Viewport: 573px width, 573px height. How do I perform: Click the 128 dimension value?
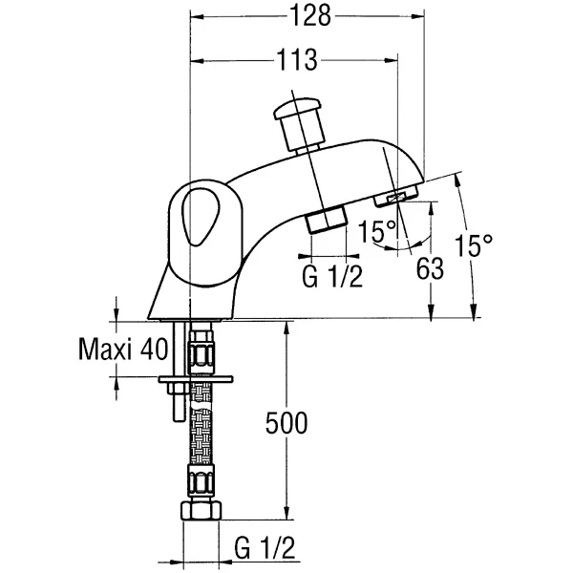310,16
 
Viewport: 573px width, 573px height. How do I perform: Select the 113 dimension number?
297,60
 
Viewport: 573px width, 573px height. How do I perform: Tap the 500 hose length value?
286,423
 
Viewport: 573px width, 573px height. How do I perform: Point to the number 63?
430,268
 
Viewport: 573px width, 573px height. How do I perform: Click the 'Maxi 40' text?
123,349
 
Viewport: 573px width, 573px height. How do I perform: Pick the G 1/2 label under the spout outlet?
332,276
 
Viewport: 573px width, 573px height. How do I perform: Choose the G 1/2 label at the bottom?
265,547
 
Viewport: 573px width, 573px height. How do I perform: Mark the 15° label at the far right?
474,244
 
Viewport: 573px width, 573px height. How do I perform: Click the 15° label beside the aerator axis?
377,231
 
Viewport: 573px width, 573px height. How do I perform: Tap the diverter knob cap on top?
299,108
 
